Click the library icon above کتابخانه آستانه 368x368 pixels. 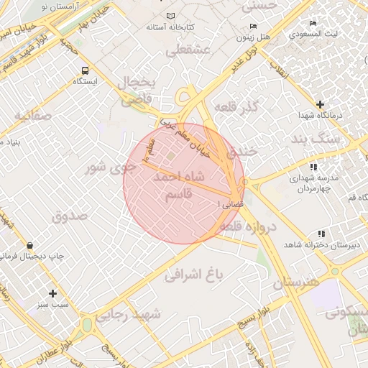170,16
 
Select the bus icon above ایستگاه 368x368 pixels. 86,70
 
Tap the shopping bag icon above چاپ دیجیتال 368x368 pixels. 28,246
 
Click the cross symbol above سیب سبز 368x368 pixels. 52,293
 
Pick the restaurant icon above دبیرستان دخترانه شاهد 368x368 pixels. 321,234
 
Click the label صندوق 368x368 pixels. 69,215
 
